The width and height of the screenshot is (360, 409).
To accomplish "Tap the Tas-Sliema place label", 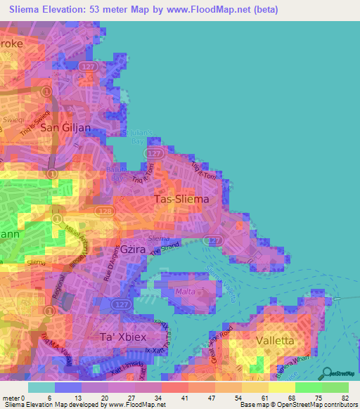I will coord(181,200).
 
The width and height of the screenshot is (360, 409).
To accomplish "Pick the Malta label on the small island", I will coord(185,292).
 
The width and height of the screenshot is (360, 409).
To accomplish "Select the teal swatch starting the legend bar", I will coord(41,387).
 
